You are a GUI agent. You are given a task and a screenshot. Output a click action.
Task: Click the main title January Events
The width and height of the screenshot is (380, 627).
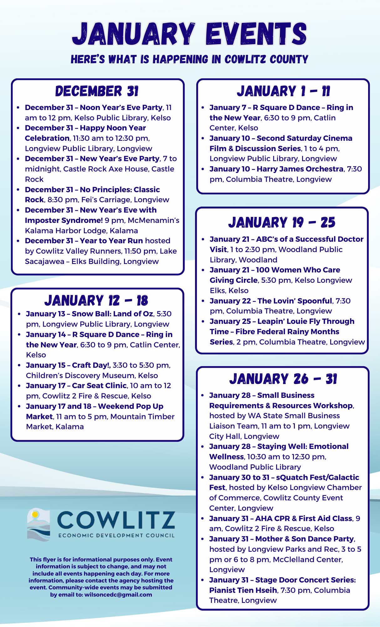[x=189, y=34]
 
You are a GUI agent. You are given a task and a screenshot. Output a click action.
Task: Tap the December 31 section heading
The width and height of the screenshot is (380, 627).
[x=97, y=91]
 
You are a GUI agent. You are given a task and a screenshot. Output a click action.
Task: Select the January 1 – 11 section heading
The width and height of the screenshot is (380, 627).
[x=283, y=91]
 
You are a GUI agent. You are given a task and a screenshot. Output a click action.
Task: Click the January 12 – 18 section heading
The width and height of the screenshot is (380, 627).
[x=96, y=301]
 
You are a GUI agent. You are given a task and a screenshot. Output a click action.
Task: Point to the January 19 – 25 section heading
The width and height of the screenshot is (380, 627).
[x=282, y=223]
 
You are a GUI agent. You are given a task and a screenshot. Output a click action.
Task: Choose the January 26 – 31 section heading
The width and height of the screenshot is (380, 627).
[x=283, y=379]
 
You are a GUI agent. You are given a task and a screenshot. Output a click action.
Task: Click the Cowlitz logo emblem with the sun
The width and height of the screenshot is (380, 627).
[x=39, y=524]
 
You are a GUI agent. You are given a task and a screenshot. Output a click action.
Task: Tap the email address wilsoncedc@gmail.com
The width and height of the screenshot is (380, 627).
[x=118, y=595]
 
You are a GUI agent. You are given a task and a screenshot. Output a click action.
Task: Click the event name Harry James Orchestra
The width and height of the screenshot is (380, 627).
[x=300, y=169]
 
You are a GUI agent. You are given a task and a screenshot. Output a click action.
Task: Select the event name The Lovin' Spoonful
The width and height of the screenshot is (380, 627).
[x=295, y=301]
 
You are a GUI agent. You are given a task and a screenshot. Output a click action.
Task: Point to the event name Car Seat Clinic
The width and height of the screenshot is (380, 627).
[x=99, y=386]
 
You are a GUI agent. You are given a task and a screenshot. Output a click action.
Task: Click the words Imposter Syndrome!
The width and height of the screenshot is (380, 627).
[x=64, y=220]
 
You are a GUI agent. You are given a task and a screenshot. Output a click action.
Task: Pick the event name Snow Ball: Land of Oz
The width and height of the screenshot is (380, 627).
[x=113, y=314]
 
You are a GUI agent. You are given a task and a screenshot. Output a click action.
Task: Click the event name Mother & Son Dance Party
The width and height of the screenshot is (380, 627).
[x=304, y=539]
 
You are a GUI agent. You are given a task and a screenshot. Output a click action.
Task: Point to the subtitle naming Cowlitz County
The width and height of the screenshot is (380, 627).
[x=189, y=59]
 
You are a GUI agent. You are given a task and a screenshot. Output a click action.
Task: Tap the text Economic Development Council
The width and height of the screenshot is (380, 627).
[x=116, y=535]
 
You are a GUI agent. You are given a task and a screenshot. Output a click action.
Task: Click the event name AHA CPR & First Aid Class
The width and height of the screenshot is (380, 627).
[x=304, y=519]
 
